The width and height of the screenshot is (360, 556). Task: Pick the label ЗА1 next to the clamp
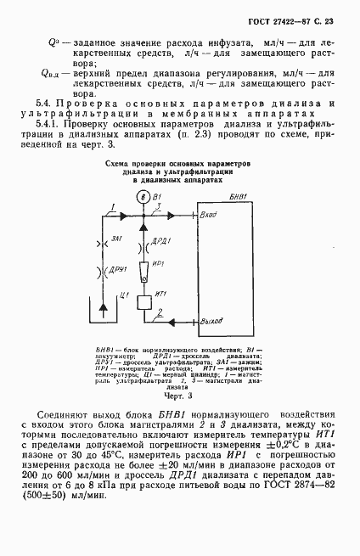[117, 242]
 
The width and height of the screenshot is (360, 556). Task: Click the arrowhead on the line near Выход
[175, 323]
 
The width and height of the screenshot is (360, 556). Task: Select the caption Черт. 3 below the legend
[178, 394]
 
